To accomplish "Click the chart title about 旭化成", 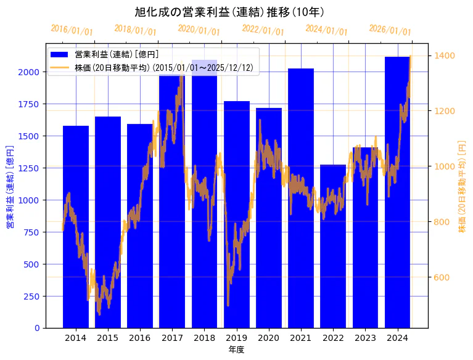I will click(229, 12).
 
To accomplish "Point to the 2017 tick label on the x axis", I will click(172, 338).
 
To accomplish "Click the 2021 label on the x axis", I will click(301, 338).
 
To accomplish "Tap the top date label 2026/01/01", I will click(390, 30).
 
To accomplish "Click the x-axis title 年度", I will click(237, 350).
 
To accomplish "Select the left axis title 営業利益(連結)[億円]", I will click(9, 187).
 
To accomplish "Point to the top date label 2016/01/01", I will click(72, 30).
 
